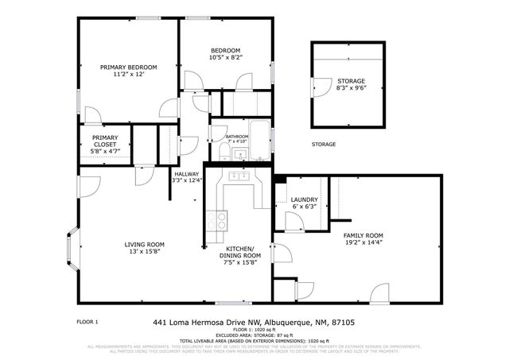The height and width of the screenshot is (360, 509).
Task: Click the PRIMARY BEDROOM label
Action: (x=128, y=67)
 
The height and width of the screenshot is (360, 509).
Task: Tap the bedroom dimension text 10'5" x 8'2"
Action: (x=225, y=57)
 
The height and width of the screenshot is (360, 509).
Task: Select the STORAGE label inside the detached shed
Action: (x=351, y=81)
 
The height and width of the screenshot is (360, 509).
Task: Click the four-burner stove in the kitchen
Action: (x=216, y=216)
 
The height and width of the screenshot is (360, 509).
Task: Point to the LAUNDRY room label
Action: (x=305, y=199)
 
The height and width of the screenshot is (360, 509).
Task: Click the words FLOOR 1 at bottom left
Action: (x=87, y=322)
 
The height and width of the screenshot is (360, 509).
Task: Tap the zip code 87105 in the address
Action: (x=343, y=323)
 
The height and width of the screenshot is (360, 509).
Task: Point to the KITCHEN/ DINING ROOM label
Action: (x=239, y=254)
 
